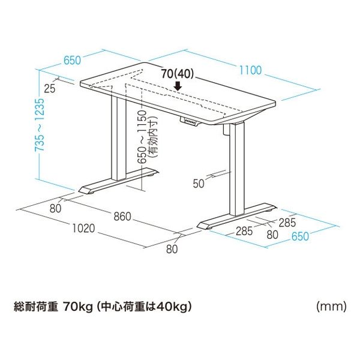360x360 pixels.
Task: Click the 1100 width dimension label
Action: pos(250,70)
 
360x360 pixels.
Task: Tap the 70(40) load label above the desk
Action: pos(177,74)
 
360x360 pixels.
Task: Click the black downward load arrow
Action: pos(178,86)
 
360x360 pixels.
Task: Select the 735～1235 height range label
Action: pos(39,125)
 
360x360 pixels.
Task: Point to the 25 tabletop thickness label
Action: pos(50,89)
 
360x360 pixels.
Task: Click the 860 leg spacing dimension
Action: pos(122,216)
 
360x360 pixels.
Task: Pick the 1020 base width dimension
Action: pos(83,228)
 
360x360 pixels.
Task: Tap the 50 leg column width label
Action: pos(199,184)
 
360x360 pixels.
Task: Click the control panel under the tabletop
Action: pos(189,121)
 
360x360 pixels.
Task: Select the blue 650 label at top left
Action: pos(72,60)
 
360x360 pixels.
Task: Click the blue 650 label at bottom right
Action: pos(300,236)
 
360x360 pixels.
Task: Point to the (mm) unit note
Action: pos(331,307)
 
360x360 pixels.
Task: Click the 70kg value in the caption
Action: pos(77,307)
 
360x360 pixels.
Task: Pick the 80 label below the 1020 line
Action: pos(172,249)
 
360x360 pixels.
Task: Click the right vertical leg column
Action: pos(237,170)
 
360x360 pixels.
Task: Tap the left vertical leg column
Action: pos(119,138)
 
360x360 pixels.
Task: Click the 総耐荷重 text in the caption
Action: pos(35,307)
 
